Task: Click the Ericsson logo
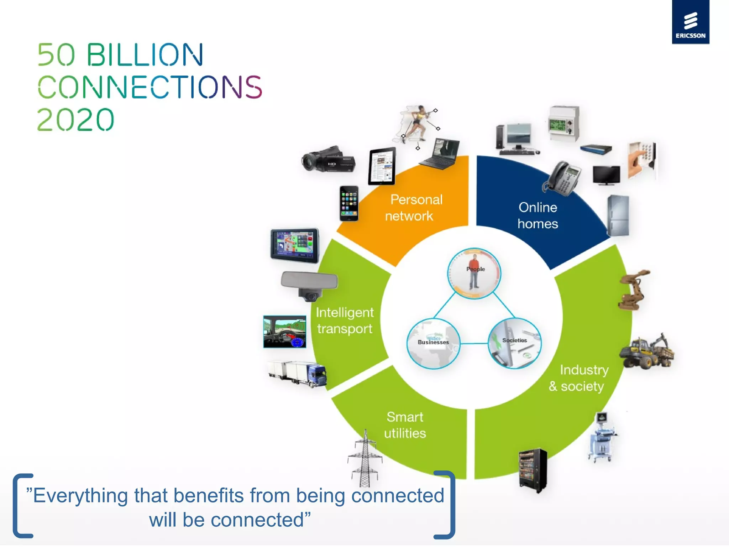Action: [690, 22]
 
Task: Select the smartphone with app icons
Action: [349, 203]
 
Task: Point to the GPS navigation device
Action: [294, 245]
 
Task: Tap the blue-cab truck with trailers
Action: [298, 374]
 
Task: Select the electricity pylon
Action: [365, 459]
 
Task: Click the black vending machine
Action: [533, 470]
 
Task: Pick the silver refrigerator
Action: [618, 215]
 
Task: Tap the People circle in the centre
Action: [474, 273]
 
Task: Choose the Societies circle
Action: [515, 343]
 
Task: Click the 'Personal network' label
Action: [414, 208]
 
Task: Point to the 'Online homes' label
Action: [537, 215]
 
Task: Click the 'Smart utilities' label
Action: [405, 425]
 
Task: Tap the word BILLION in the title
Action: [145, 55]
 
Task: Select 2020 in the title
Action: [75, 120]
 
